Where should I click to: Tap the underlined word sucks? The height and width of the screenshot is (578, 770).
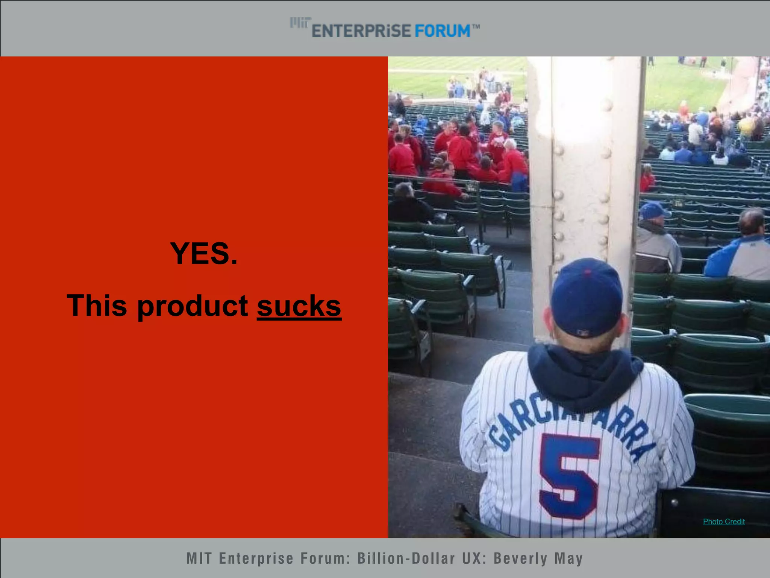[299, 306]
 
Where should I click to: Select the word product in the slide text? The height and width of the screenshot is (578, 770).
[192, 306]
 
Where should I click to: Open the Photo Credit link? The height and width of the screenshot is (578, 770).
[723, 522]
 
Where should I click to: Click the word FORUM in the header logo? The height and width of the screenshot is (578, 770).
[443, 31]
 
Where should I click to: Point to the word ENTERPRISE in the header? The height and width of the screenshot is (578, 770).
[361, 31]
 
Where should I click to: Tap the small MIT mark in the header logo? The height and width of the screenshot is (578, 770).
[300, 23]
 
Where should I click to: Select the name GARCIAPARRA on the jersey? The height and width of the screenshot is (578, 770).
[571, 421]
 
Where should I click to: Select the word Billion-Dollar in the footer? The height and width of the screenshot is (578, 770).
[406, 558]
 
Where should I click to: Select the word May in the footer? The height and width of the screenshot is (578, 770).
[568, 558]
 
